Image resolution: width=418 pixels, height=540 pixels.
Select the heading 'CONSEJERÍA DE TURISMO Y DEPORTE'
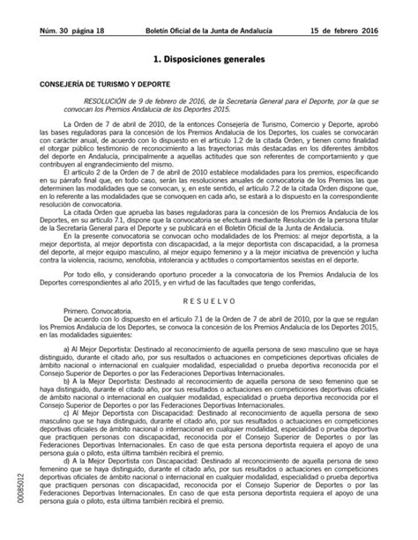coord(92,86)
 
